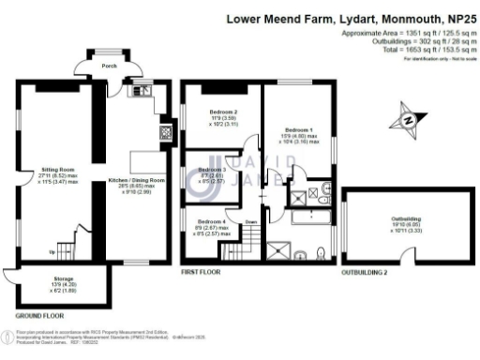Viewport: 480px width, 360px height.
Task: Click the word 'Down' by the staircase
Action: point(250,222)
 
